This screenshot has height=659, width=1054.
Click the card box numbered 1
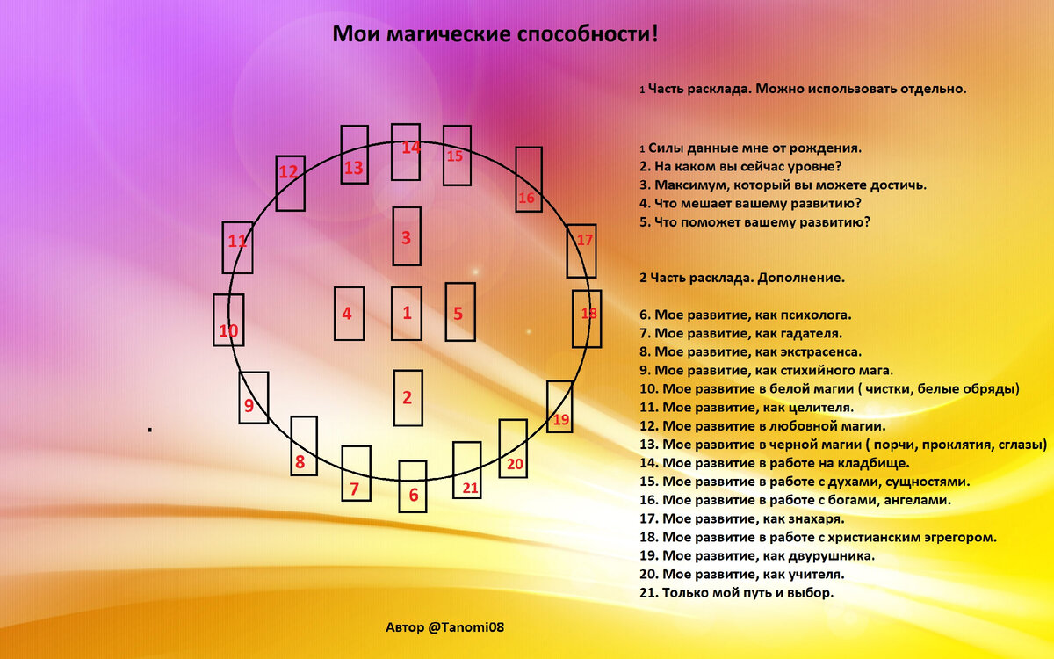click(406, 313)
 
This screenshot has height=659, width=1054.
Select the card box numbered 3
click(407, 236)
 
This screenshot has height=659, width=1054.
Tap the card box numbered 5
click(459, 312)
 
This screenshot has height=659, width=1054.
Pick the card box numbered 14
click(406, 151)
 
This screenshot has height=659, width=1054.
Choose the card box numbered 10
click(228, 320)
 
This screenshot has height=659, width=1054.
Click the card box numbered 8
click(303, 445)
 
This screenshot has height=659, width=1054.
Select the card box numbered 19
click(559, 406)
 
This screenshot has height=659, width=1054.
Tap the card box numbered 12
click(290, 182)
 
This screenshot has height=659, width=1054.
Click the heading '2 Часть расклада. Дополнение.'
click(742, 278)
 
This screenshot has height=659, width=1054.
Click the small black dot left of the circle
click(150, 429)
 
